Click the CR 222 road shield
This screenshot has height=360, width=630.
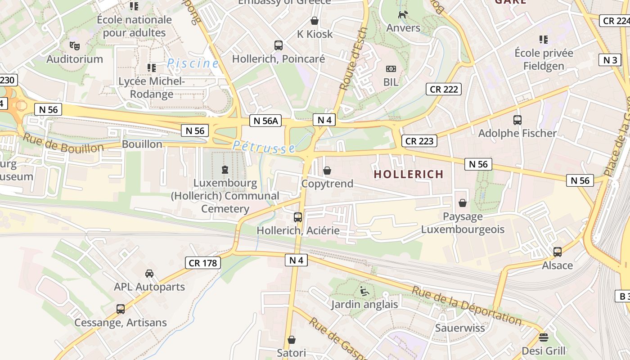point(444,89)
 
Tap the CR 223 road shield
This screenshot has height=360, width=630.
point(419,141)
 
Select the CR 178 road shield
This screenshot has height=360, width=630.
point(203,263)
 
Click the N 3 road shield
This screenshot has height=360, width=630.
point(610,60)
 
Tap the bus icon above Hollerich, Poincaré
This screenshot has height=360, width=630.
point(279,45)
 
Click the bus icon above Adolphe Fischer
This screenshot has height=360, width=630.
point(517,120)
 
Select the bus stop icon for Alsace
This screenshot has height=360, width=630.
point(558,252)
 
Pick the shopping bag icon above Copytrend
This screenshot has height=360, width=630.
point(327,171)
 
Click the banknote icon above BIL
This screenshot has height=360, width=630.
point(391,69)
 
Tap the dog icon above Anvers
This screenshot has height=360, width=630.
point(403,14)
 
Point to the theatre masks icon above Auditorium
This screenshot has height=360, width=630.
point(75,45)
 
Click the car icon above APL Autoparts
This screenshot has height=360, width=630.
point(149,274)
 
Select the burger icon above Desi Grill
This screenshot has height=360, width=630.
point(544,337)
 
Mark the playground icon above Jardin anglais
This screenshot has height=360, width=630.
point(364,291)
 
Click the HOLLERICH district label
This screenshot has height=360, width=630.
point(409,174)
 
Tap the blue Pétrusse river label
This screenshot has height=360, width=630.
point(264,147)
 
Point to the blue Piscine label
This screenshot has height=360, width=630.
point(193,63)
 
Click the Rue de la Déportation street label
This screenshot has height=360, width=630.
point(467,307)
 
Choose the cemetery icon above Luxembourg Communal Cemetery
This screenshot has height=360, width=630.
point(225,170)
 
